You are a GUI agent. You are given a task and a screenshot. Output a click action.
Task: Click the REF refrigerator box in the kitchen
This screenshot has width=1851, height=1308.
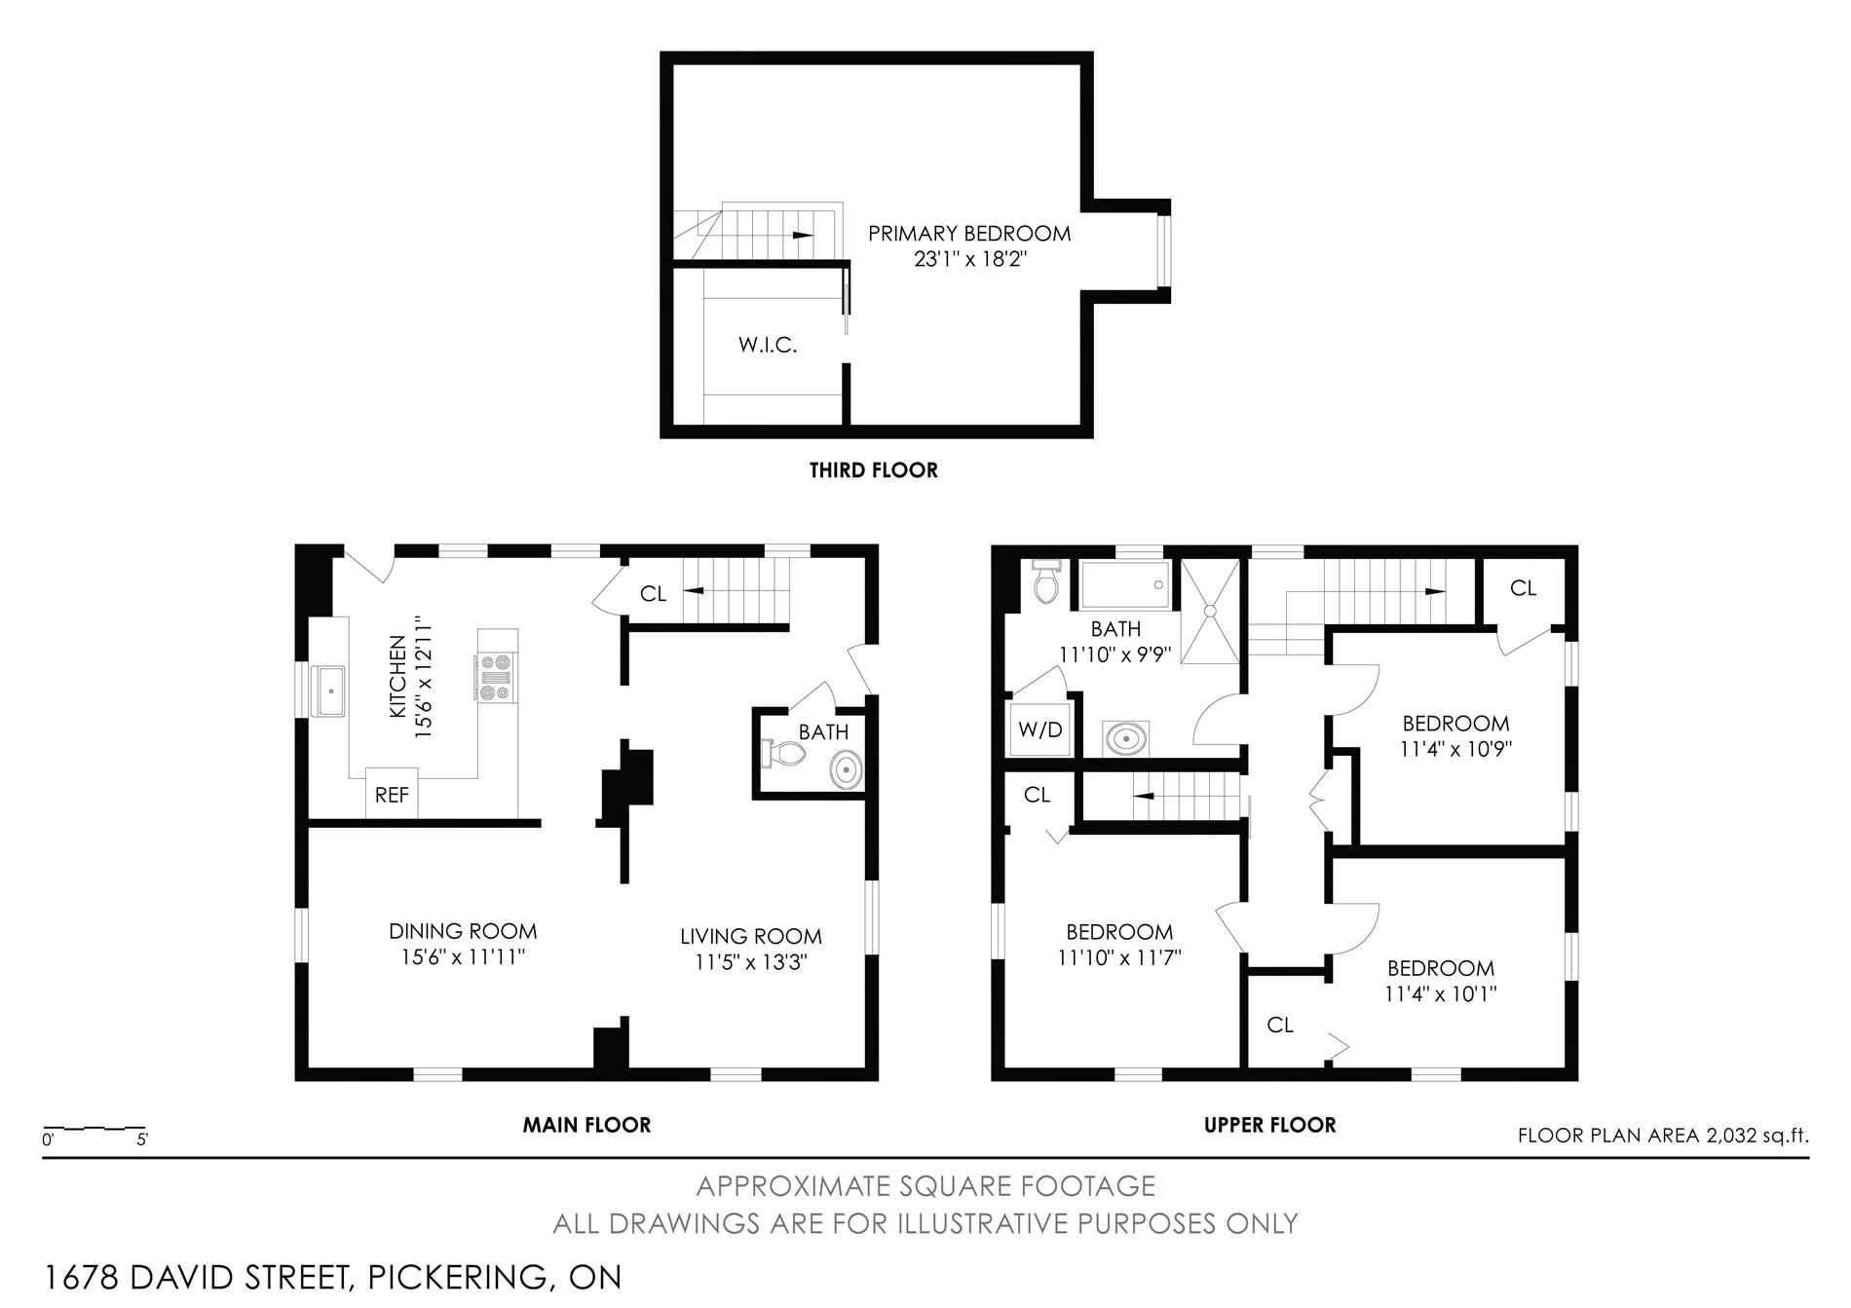click(x=392, y=793)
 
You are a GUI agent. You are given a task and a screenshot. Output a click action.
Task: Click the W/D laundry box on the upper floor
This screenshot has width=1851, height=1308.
click(x=1039, y=729)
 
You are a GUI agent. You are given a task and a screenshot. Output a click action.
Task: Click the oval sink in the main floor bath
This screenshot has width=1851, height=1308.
click(x=847, y=770)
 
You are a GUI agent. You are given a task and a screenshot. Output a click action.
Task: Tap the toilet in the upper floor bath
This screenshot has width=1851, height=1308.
click(x=1046, y=580)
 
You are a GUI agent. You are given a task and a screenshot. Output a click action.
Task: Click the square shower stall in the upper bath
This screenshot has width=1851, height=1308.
click(x=1210, y=611)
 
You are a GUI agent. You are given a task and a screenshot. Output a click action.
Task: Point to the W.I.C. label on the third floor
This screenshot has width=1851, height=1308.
click(x=768, y=345)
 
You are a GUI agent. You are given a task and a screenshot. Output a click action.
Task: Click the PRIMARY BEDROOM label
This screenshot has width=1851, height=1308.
click(x=969, y=234)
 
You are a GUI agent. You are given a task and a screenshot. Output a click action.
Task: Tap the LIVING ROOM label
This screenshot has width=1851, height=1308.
click(x=751, y=936)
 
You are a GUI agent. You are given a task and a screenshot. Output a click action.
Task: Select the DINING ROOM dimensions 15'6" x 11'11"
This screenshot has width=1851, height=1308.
click(x=463, y=957)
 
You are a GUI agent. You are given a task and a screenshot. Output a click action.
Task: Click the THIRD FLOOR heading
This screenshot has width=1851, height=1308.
click(x=874, y=470)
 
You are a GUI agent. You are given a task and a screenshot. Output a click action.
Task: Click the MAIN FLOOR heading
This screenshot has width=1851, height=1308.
click(x=586, y=1125)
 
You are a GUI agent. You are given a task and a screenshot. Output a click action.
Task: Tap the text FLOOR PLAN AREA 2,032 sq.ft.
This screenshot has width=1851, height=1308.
click(x=1663, y=1135)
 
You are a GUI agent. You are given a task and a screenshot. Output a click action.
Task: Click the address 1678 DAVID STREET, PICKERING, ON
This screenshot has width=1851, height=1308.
click(x=333, y=1276)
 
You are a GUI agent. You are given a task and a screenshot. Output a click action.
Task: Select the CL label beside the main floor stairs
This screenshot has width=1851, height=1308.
click(x=653, y=593)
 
